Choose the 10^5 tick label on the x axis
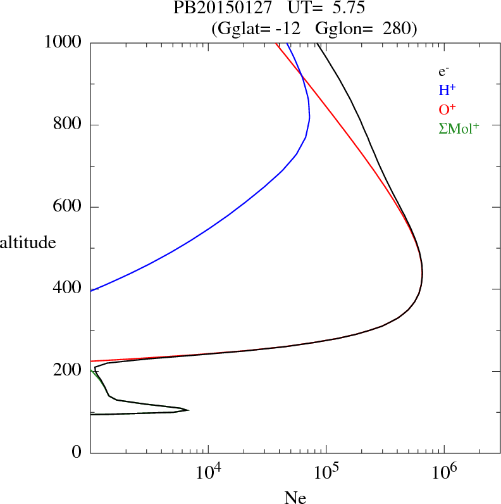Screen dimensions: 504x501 pyautogui.click(x=326, y=472)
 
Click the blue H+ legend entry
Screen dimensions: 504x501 pyautogui.click(x=447, y=90)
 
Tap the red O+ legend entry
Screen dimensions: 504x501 pyautogui.click(x=447, y=109)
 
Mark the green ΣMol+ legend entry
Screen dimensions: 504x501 pyautogui.click(x=459, y=128)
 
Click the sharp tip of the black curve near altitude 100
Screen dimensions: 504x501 pyautogui.click(x=189, y=410)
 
